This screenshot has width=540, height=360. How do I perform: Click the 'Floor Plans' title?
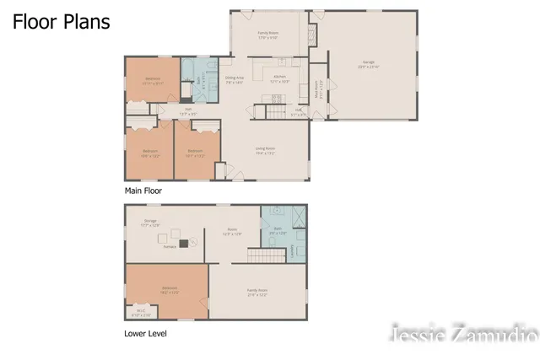(x=61, y=23)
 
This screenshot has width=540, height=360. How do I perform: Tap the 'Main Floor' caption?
(x=143, y=191)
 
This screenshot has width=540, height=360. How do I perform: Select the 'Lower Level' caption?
(x=146, y=334)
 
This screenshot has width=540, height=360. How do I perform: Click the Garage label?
(x=370, y=65)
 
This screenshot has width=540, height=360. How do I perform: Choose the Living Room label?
(x=266, y=149)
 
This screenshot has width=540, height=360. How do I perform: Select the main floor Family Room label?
(x=269, y=34)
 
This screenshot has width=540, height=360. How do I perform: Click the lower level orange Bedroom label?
(x=170, y=289)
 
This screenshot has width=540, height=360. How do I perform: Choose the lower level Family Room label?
(x=257, y=292)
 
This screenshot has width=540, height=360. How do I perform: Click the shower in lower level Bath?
(x=294, y=215)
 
